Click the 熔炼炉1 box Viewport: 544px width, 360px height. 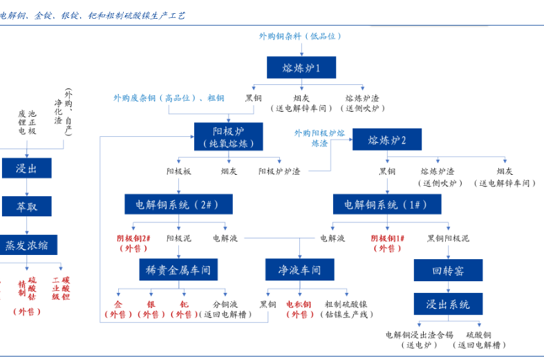(301, 68)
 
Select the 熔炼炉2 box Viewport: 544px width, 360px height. (386, 140)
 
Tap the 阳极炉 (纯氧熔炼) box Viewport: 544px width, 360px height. (228, 136)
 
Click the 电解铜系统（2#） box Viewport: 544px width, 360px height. (178, 205)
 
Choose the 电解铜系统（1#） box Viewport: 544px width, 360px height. (386, 205)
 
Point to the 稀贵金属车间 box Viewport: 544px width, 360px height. (178, 269)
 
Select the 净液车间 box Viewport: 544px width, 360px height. (299, 269)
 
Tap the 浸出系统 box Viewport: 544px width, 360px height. (448, 304)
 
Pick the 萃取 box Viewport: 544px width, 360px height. (26, 206)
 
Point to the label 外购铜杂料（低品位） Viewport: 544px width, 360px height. (300, 36)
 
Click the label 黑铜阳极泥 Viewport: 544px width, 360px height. (447, 238)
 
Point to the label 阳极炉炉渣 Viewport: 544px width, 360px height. (279, 171)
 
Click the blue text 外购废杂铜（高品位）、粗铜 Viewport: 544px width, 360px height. (169, 98)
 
